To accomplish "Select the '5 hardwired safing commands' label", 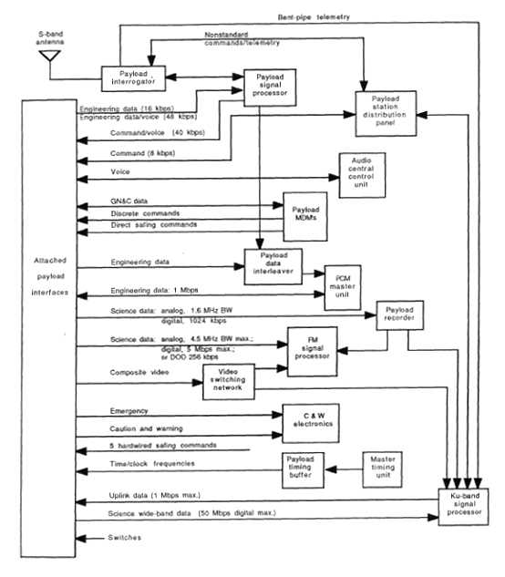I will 161,444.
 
